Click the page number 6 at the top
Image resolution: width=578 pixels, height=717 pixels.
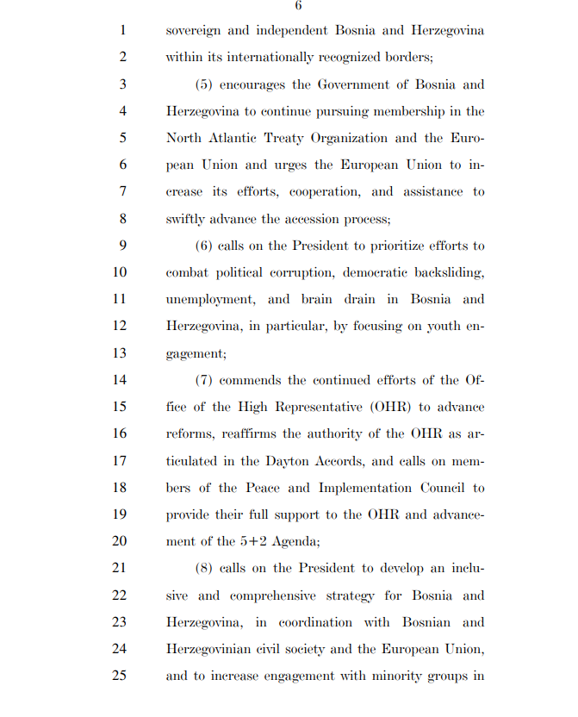point(298,6)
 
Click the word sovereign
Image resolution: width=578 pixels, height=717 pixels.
point(195,31)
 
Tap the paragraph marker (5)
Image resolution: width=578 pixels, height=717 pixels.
point(204,84)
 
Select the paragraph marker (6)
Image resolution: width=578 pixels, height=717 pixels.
point(204,246)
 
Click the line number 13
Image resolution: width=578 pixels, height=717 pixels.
point(120,352)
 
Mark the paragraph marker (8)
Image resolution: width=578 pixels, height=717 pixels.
point(204,568)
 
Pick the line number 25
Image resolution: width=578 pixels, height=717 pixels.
point(120,676)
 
